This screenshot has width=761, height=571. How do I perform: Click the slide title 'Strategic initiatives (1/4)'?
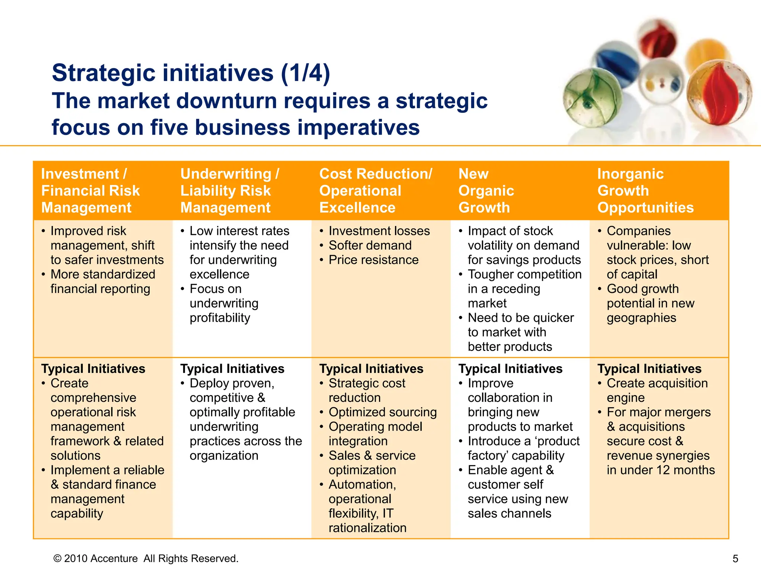[x=191, y=73]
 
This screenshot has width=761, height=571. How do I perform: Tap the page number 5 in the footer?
[x=735, y=559]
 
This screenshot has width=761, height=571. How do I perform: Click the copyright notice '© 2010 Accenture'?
[x=95, y=559]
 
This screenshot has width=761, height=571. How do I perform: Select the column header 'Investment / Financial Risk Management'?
[x=90, y=191]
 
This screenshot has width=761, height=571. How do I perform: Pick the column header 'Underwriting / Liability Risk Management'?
[x=229, y=191]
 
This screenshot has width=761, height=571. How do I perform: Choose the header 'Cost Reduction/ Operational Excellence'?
[x=375, y=191]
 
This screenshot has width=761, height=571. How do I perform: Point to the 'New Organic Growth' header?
[x=486, y=191]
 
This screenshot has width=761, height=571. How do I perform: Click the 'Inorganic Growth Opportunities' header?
[x=645, y=191]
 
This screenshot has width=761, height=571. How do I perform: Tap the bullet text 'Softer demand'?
[x=370, y=245]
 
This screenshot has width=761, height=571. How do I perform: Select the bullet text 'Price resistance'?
[x=373, y=260]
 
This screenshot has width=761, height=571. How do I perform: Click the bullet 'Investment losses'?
[x=379, y=231]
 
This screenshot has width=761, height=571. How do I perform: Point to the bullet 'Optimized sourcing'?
[x=383, y=412]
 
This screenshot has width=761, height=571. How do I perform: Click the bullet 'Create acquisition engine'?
[x=657, y=390]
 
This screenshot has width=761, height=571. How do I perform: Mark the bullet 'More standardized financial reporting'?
[x=103, y=281]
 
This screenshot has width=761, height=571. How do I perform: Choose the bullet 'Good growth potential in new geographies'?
[x=650, y=303]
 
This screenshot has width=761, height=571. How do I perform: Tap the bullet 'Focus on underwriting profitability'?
[x=224, y=303]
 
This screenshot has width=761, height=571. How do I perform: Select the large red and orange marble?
[x=718, y=93]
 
